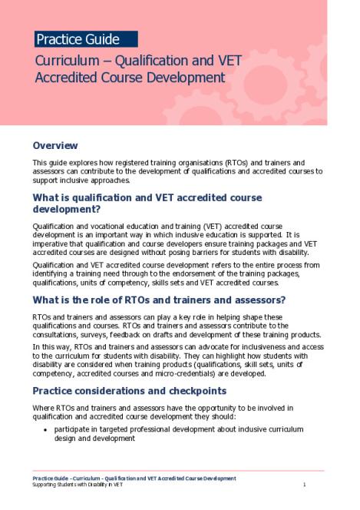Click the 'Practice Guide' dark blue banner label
(78, 39)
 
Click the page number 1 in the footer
(305, 485)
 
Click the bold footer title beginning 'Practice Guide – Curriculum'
(134, 478)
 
